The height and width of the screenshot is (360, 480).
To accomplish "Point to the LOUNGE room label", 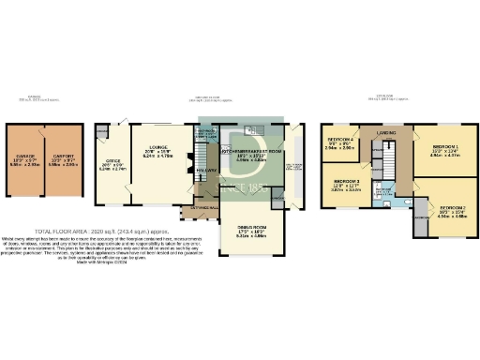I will click(157, 146).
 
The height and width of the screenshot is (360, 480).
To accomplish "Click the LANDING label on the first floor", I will click(386, 133).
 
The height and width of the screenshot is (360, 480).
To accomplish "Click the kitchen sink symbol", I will click(251, 129).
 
